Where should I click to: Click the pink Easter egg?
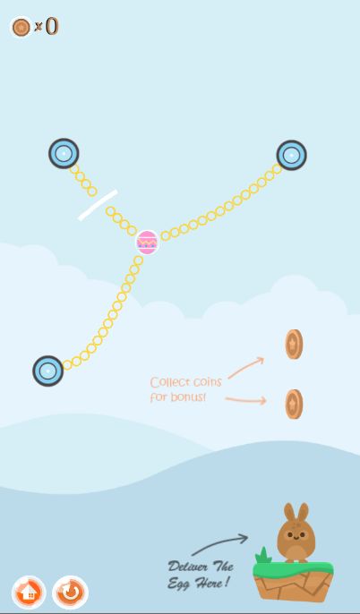pos(147,243)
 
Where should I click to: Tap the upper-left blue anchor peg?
pos(64,154)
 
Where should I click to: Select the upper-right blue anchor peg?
pos(291,156)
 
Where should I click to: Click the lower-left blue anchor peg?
pos(47,371)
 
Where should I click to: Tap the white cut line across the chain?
pos(98,205)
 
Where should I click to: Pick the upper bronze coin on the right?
pos(294,345)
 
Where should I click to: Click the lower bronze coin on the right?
pos(294,405)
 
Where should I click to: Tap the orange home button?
pos(29,593)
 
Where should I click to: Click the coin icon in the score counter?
pos(21,27)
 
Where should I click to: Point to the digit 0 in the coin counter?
pos(52,26)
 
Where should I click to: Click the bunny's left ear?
pos(289,512)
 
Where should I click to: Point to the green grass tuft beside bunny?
pos(263,555)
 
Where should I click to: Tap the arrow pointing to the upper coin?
pos(246,367)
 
